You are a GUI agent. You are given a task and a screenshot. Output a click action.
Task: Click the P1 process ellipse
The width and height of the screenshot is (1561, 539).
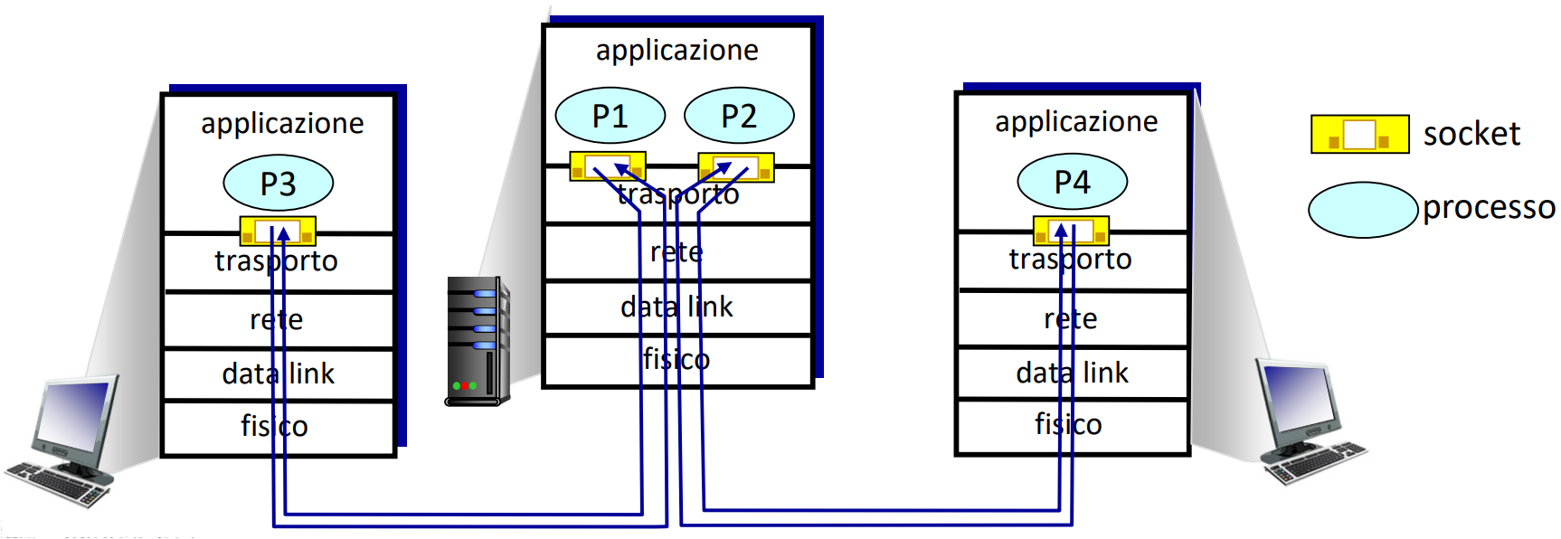610,116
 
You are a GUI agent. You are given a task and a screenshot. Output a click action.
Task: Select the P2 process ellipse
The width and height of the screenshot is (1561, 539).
739,116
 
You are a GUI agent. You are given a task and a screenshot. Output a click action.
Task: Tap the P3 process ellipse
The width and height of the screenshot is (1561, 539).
279,184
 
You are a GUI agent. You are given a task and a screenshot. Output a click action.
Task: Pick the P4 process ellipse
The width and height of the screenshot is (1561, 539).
1072,182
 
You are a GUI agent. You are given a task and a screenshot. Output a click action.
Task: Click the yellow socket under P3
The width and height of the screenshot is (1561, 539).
278,232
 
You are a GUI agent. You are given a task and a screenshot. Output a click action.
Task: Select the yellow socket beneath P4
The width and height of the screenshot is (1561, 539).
1071,231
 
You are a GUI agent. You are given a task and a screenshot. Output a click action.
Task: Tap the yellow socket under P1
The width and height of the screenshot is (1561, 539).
607,166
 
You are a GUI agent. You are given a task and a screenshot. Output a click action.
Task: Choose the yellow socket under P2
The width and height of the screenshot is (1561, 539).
736,167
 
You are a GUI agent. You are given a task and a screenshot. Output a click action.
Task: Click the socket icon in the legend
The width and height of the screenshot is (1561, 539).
1359,134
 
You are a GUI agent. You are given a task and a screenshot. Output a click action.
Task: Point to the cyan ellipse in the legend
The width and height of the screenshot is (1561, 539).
1362,210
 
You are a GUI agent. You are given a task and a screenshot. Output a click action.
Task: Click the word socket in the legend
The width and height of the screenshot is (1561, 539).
1471,134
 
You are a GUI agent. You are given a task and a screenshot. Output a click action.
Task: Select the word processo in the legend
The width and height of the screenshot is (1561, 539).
1489,208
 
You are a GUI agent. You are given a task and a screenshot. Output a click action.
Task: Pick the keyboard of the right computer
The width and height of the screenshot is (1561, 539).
1316,463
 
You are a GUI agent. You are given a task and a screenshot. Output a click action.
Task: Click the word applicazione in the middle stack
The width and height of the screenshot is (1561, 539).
676,51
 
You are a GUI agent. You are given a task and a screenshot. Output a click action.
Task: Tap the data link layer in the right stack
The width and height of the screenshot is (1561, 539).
1072,373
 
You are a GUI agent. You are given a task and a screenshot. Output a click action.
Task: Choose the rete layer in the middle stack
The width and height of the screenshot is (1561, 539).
676,252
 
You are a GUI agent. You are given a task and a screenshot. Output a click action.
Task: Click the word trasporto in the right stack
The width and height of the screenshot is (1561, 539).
1070,260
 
